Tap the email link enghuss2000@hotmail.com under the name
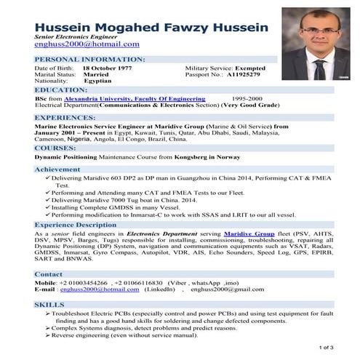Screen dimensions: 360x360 coord(87,44)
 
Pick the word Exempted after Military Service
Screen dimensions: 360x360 coord(260,68)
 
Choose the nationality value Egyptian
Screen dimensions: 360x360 coord(98,81)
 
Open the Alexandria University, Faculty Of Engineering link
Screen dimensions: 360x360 coord(135,98)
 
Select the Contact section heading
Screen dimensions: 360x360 coord(49,274)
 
